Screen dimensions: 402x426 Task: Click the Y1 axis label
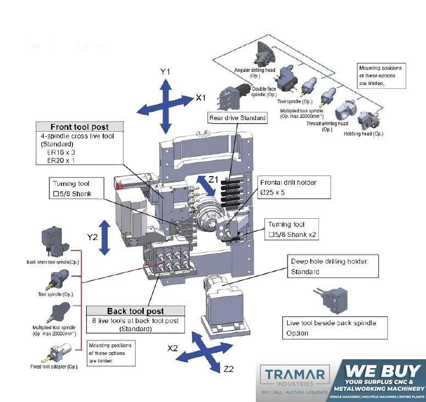coord(166,72)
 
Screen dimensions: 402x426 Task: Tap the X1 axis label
coord(201,98)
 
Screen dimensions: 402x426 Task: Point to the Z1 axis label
coord(212,179)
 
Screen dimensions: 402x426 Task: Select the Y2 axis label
coord(92,237)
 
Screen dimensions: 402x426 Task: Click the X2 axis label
coord(173,348)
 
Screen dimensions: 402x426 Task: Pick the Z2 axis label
coord(229,369)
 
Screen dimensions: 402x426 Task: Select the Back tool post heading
coord(135,311)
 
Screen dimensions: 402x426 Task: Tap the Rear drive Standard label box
coord(237,117)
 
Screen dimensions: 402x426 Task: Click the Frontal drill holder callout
coord(295,187)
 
